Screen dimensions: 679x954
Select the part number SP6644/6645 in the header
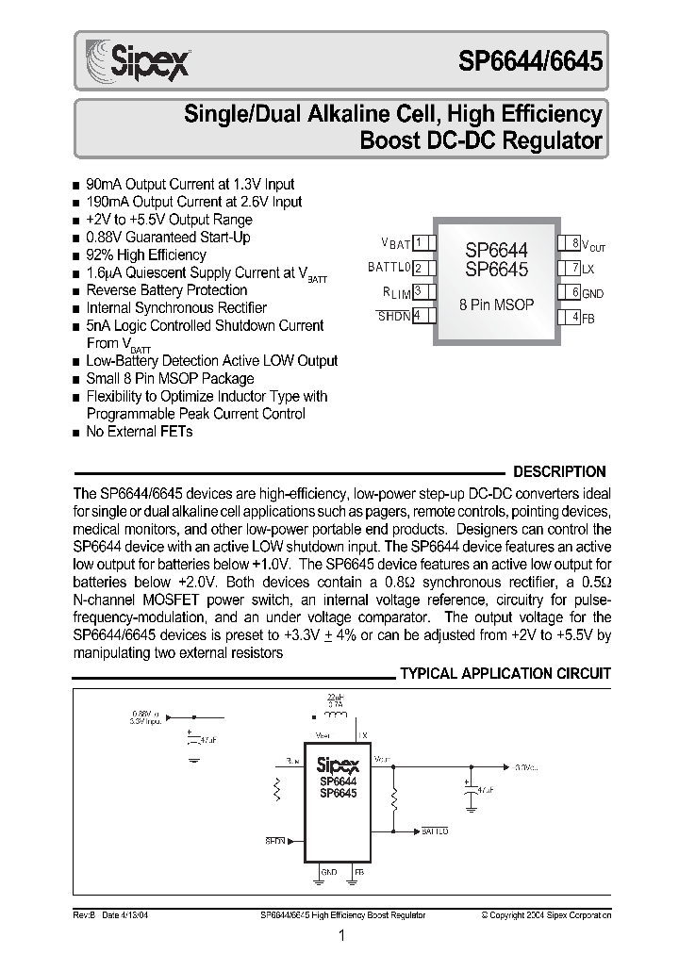[x=531, y=62]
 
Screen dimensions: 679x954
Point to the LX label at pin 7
[x=588, y=269]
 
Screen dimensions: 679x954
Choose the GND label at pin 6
[x=592, y=293]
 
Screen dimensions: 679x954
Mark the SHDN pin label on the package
[x=394, y=317]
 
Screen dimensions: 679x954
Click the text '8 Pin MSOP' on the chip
[x=496, y=304]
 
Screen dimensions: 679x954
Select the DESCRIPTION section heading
[x=558, y=472]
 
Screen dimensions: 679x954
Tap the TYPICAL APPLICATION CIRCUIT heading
[x=505, y=674]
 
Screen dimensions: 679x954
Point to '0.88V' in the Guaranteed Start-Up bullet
[x=105, y=238]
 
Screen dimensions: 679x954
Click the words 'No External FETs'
[x=140, y=432]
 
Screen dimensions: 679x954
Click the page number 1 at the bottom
[x=341, y=935]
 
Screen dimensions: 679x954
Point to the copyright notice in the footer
[x=546, y=914]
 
